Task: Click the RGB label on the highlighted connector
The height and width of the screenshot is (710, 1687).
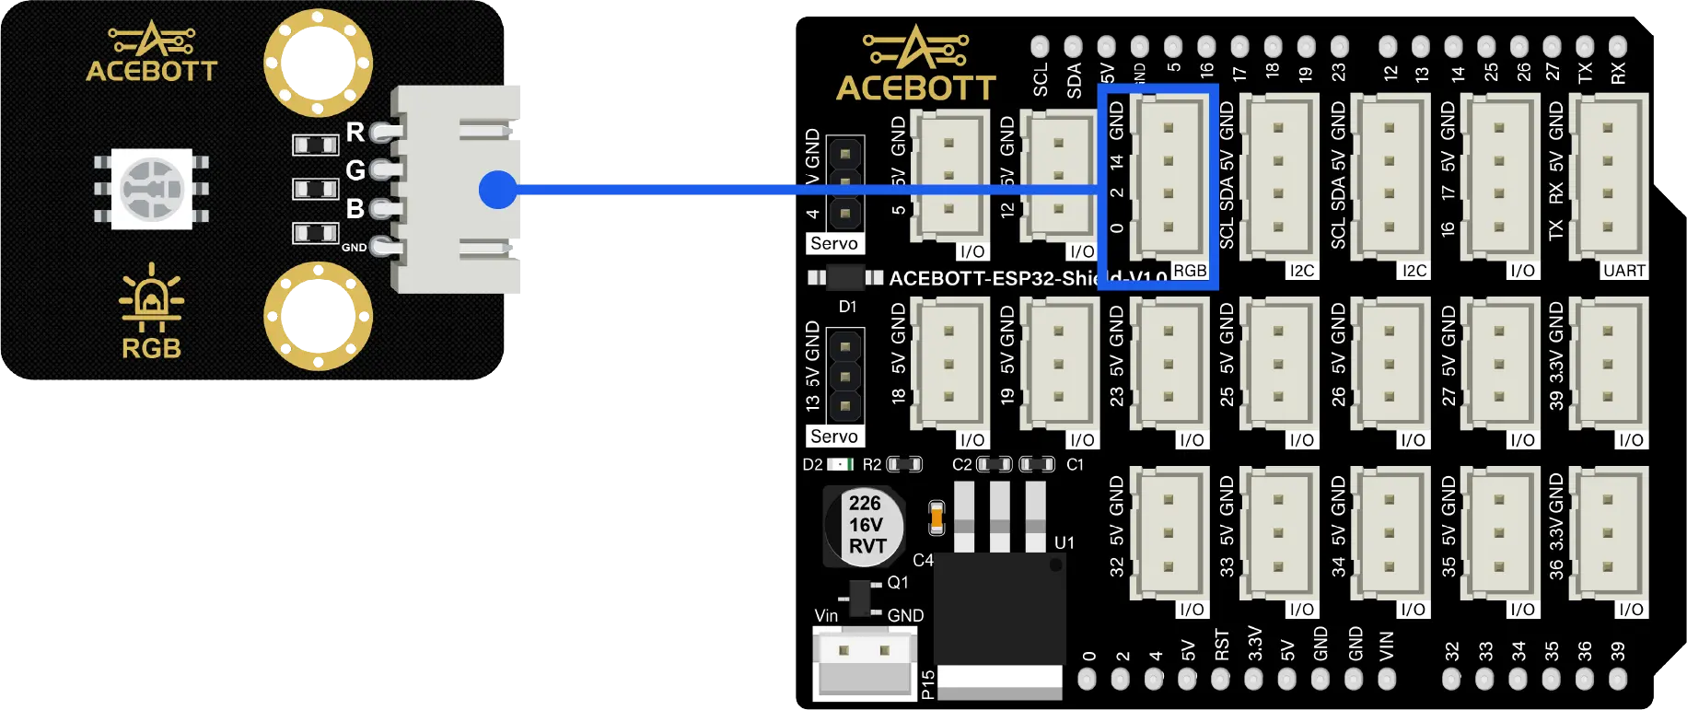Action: pyautogui.click(x=1189, y=271)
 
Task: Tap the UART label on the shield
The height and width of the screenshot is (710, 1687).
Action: pyautogui.click(x=1623, y=271)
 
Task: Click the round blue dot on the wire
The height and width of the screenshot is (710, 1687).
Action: pyautogui.click(x=498, y=190)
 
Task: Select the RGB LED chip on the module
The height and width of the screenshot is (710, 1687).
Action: pyautogui.click(x=152, y=189)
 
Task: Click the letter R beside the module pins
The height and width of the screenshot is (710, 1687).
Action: pyautogui.click(x=355, y=133)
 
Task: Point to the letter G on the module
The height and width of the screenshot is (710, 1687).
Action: pyautogui.click(x=355, y=170)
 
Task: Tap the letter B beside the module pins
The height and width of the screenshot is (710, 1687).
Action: pyautogui.click(x=355, y=209)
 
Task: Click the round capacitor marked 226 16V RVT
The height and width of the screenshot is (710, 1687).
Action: pyautogui.click(x=864, y=526)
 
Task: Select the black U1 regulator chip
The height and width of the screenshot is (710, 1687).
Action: pyautogui.click(x=1000, y=608)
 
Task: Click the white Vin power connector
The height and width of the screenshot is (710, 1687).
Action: pyautogui.click(x=865, y=663)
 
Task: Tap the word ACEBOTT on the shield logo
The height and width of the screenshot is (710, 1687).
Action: pyautogui.click(x=916, y=88)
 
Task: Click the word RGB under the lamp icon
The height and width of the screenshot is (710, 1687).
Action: pyautogui.click(x=152, y=349)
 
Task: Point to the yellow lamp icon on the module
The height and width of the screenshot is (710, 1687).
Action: pyautogui.click(x=152, y=297)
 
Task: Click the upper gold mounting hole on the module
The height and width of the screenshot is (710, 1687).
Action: pyautogui.click(x=318, y=63)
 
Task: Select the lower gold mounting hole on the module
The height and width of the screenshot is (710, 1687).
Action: pyautogui.click(x=318, y=316)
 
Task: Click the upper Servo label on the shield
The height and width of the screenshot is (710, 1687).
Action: pyautogui.click(x=834, y=244)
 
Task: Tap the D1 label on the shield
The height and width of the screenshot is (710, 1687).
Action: pyautogui.click(x=847, y=307)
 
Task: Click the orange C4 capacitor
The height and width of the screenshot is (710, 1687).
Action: pyautogui.click(x=937, y=518)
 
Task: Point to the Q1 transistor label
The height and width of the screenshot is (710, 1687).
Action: pyautogui.click(x=898, y=583)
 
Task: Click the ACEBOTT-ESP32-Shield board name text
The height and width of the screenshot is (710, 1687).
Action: pyautogui.click(x=995, y=278)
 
